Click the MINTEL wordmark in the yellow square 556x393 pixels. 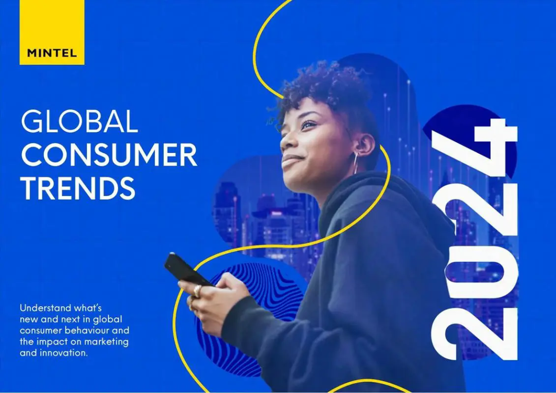pyautogui.click(x=52, y=53)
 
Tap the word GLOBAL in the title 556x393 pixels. pyautogui.click(x=79, y=121)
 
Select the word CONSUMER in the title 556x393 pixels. pyautogui.click(x=109, y=154)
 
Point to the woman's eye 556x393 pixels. pyautogui.click(x=308, y=125)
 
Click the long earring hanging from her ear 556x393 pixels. pyautogui.click(x=355, y=163)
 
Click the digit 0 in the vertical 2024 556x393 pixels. pyautogui.click(x=480, y=272)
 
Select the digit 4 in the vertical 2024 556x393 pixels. pyautogui.click(x=475, y=149)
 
